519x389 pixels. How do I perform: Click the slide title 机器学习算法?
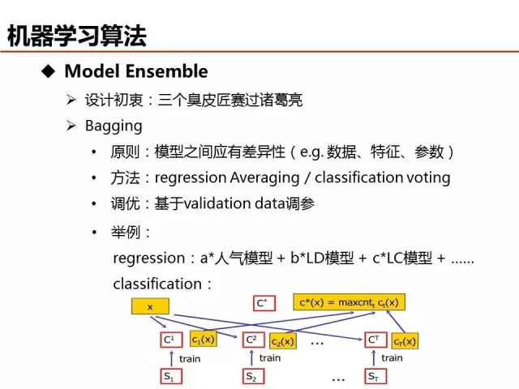pyautogui.click(x=77, y=36)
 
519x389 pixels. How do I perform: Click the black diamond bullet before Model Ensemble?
pyautogui.click(x=49, y=71)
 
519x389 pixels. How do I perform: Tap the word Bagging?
pyautogui.click(x=114, y=126)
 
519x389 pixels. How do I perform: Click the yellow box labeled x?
pyautogui.click(x=150, y=306)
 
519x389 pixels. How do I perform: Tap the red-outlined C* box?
pyautogui.click(x=264, y=303)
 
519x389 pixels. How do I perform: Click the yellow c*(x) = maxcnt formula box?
pyautogui.click(x=350, y=302)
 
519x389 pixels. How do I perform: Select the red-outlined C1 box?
pyautogui.click(x=171, y=340)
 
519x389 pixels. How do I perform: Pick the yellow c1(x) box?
pyautogui.click(x=204, y=339)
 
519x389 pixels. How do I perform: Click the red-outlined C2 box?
pyautogui.click(x=253, y=340)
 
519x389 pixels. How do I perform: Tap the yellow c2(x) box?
pyautogui.click(x=283, y=341)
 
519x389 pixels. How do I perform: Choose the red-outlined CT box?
pyautogui.click(x=375, y=340)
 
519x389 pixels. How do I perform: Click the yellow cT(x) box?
pyautogui.click(x=405, y=341)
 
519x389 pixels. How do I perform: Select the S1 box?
pyautogui.click(x=171, y=376)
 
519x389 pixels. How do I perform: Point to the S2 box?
pyautogui.click(x=253, y=376)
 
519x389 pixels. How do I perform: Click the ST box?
pyautogui.click(x=375, y=376)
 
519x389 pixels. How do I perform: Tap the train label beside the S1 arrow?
pyautogui.click(x=190, y=359)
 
